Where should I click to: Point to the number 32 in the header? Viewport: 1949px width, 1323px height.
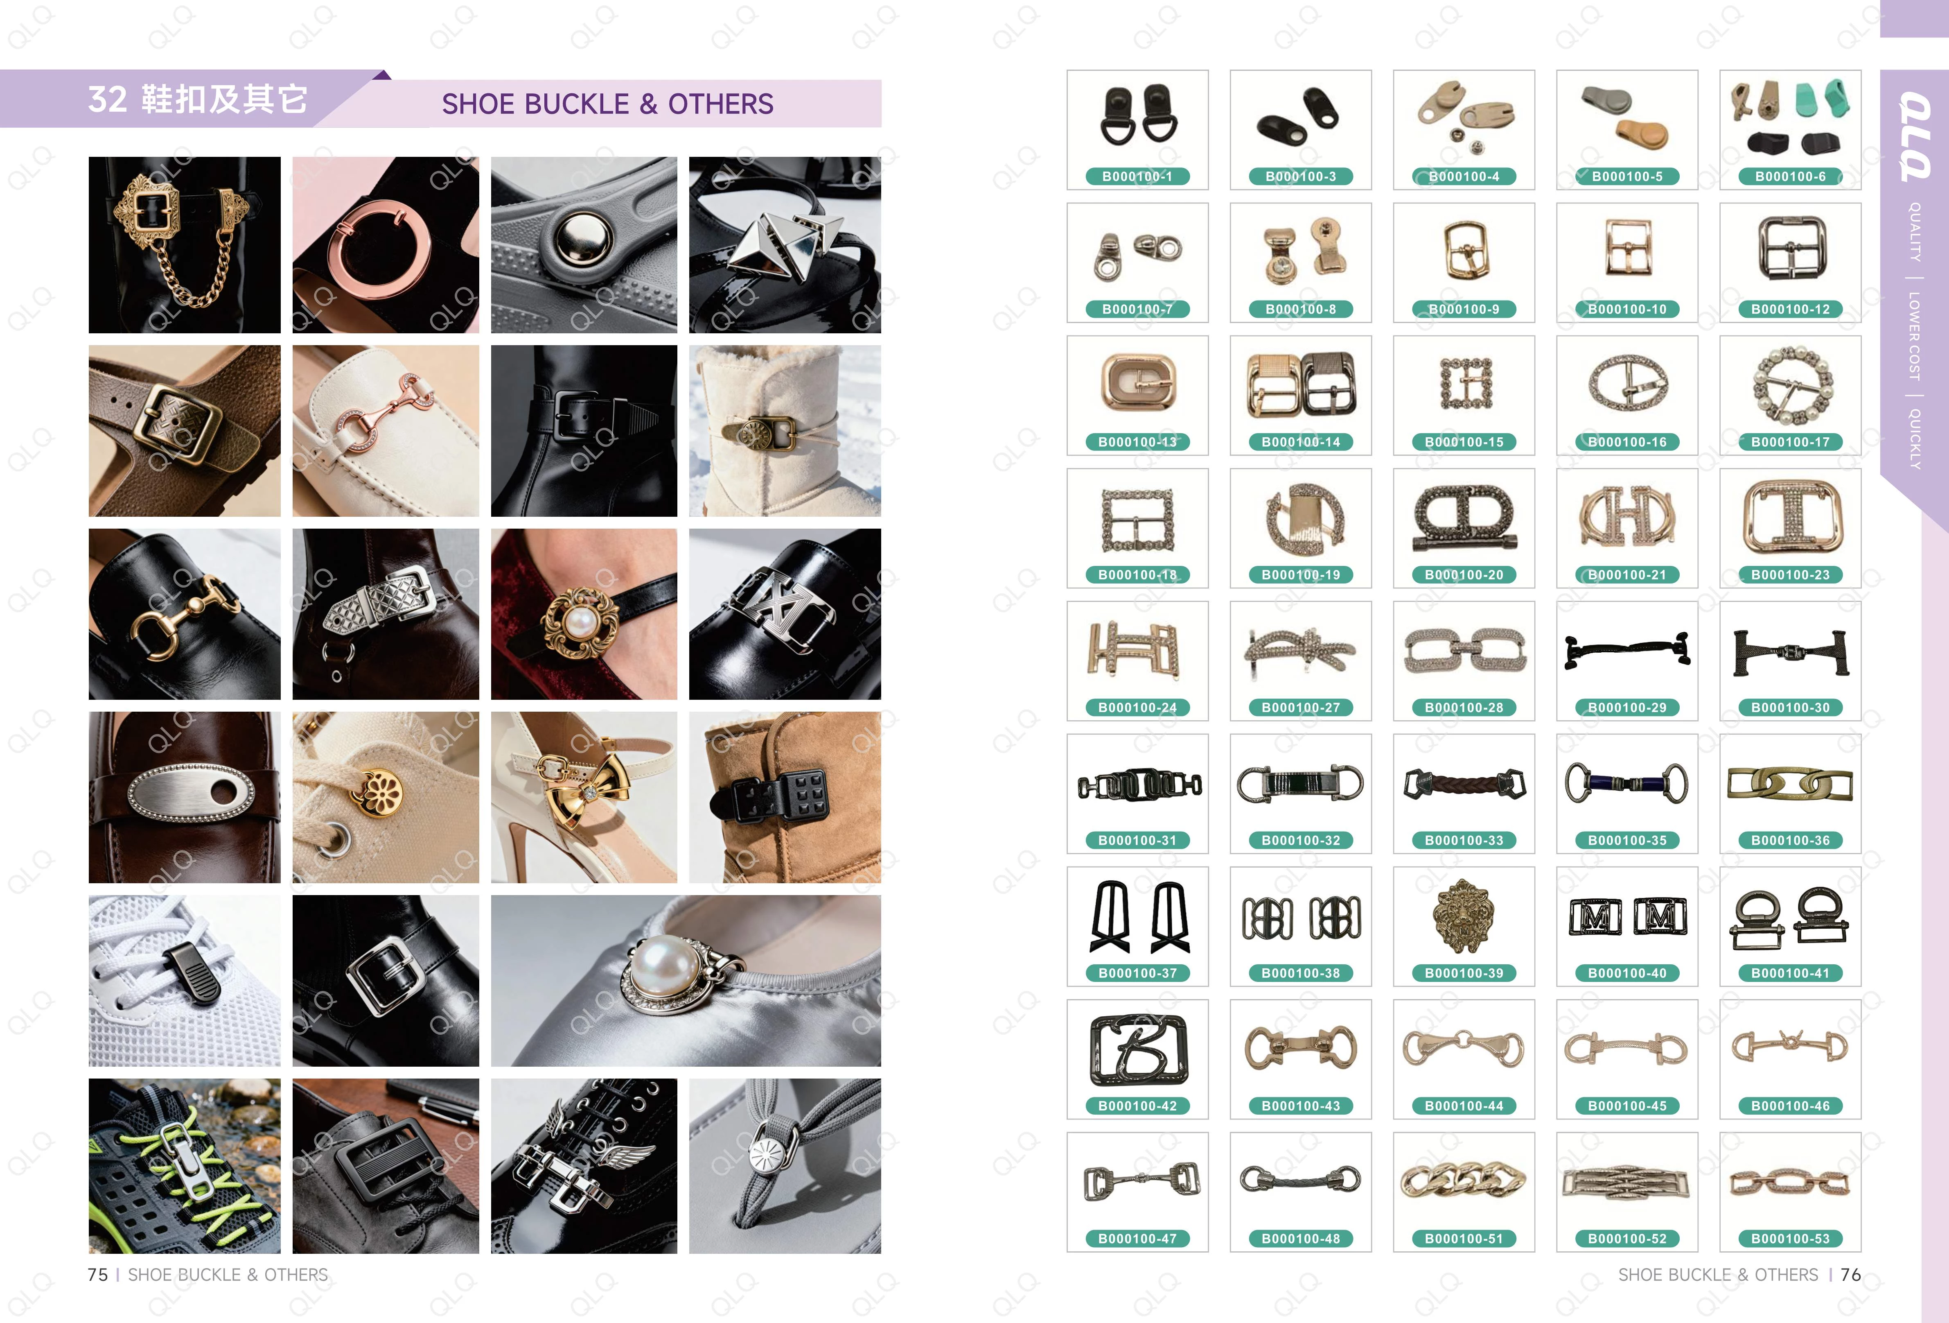click(x=107, y=99)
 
